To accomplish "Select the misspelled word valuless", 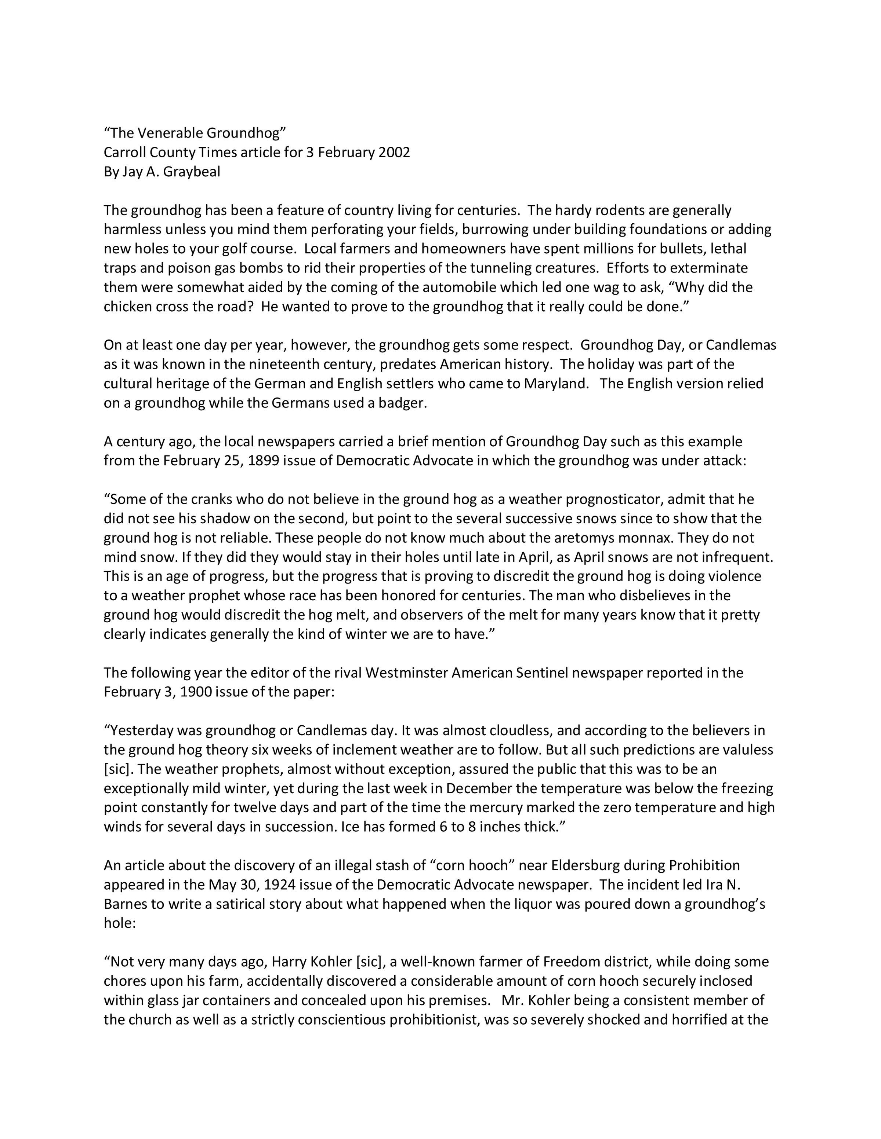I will pyautogui.click(x=748, y=750).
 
